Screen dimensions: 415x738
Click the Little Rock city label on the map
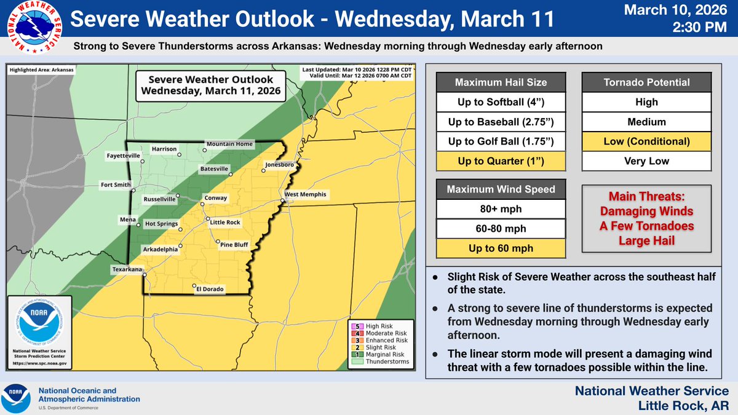click(x=226, y=222)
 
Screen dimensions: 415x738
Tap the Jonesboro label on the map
click(x=280, y=165)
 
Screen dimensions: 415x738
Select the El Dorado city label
click(x=210, y=289)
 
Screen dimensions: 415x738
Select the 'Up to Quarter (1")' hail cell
click(x=501, y=162)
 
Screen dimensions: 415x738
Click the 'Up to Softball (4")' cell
click(x=501, y=102)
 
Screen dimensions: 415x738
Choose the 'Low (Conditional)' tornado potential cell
click(x=646, y=141)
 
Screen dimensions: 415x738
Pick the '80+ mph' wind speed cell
click(x=501, y=209)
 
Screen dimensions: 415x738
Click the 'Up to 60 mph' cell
click(x=501, y=248)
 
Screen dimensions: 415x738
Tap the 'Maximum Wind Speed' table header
click(x=501, y=189)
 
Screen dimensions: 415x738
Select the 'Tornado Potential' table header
click(x=646, y=82)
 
